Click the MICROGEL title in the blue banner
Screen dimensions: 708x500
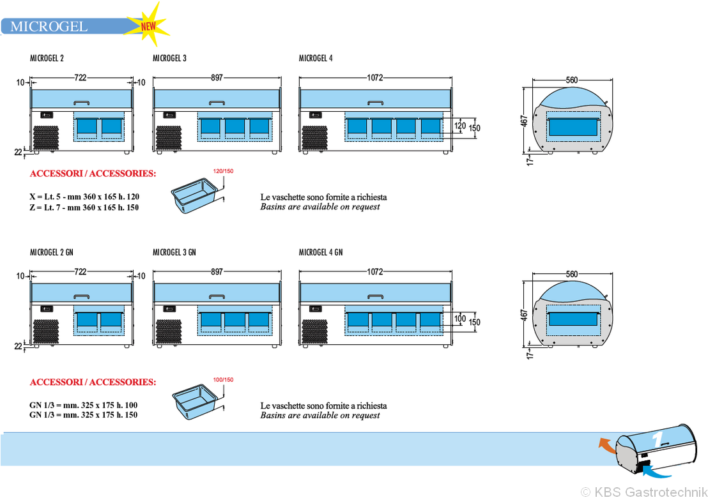[x=49, y=26]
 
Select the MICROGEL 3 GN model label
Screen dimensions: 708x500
[x=174, y=252]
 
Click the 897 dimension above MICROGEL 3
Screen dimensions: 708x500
[x=217, y=78]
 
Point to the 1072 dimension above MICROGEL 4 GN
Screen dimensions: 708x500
[x=375, y=271]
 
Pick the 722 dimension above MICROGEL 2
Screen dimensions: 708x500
[x=81, y=78]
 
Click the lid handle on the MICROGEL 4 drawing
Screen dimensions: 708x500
[x=375, y=103]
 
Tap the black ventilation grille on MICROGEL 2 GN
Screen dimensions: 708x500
[x=45, y=331]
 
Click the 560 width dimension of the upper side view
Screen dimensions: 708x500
[x=572, y=80]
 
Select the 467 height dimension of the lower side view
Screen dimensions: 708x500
[x=524, y=315]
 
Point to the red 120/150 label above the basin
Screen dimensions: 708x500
[x=224, y=171]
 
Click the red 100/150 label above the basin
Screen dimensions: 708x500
[x=224, y=379]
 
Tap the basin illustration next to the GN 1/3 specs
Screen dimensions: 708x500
[x=196, y=402]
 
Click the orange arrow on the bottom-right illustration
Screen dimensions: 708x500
[x=606, y=444]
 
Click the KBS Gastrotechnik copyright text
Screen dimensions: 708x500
[x=644, y=492]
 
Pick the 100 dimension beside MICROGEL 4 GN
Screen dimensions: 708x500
[x=459, y=318]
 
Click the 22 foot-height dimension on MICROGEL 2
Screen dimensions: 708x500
[x=18, y=153]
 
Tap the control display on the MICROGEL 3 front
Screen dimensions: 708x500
[x=169, y=115]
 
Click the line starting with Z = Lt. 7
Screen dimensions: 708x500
[x=84, y=208]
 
